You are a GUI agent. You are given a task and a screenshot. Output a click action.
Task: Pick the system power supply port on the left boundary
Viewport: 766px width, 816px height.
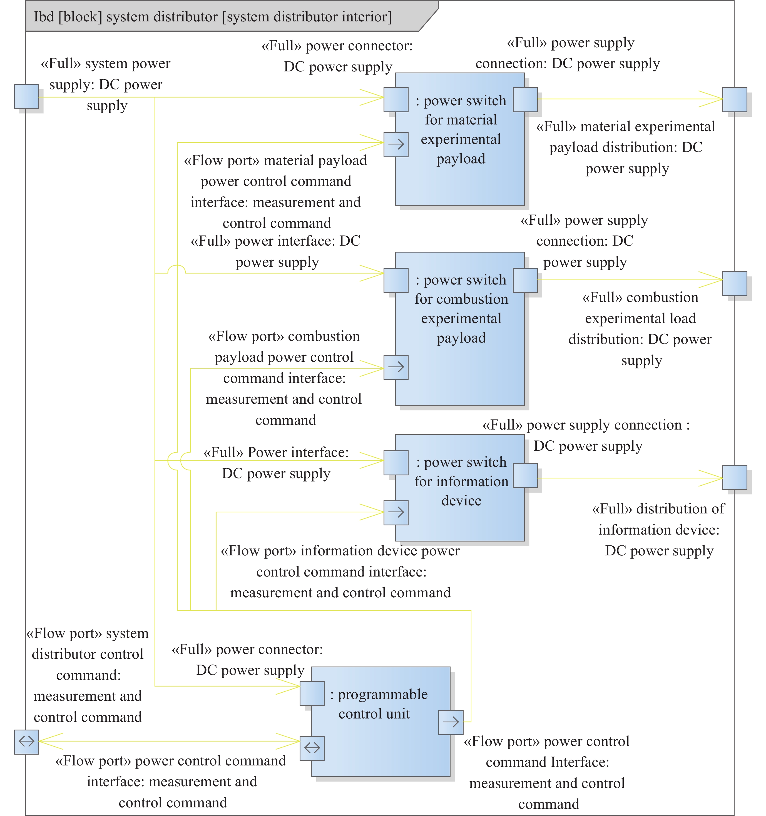pyautogui.click(x=26, y=96)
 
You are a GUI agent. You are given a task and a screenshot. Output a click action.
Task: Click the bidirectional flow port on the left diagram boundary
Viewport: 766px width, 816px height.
pyautogui.click(x=26, y=742)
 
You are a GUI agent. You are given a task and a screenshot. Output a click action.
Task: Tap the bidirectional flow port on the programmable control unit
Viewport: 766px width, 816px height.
pyautogui.click(x=312, y=748)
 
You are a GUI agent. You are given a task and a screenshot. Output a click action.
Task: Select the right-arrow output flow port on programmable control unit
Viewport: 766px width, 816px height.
pyautogui.click(x=451, y=722)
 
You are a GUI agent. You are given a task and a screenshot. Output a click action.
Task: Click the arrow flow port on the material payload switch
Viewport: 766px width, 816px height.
pyautogui.click(x=396, y=144)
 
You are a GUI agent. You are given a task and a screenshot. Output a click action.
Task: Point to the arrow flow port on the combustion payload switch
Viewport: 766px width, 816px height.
pyautogui.click(x=396, y=367)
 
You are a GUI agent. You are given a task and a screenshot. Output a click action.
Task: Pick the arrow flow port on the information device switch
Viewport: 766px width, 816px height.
pyautogui.click(x=396, y=513)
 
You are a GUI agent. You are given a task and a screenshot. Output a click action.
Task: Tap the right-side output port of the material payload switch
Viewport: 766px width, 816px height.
pyautogui.click(x=525, y=99)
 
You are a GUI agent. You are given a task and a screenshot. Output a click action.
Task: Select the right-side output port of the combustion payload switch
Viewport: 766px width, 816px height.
pyautogui.click(x=525, y=280)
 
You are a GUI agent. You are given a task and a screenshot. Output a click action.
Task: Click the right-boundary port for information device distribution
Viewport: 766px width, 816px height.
pyautogui.click(x=735, y=477)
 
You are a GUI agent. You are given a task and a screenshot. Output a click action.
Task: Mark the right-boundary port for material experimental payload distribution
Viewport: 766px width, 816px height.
pyautogui.click(x=735, y=99)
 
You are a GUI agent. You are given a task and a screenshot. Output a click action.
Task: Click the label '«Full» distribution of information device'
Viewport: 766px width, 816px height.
pyautogui.click(x=659, y=530)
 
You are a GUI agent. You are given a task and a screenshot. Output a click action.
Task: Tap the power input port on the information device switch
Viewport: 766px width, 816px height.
pyautogui.click(x=396, y=463)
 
